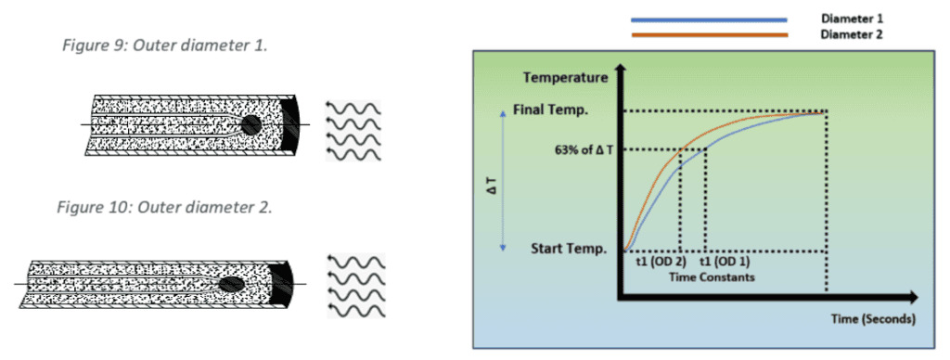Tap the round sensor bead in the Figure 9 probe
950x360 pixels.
[251, 124]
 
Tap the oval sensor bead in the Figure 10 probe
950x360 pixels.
[230, 284]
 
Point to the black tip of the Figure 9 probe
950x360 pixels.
[294, 124]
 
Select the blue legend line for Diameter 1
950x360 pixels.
[710, 18]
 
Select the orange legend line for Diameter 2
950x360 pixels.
[710, 34]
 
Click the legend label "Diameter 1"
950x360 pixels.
[853, 19]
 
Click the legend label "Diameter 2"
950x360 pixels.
[853, 34]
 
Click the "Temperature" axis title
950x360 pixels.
[565, 78]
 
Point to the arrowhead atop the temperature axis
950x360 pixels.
[627, 69]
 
